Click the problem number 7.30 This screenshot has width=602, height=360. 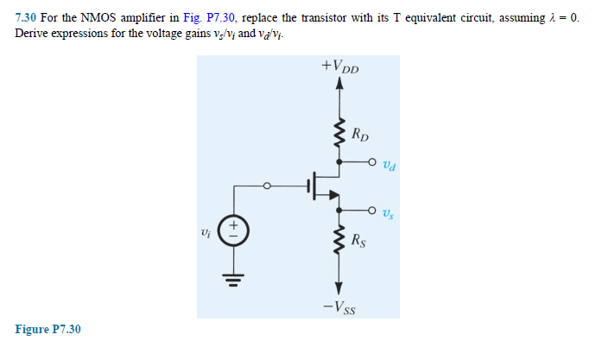click(28, 17)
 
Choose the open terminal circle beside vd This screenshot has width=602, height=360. click(372, 161)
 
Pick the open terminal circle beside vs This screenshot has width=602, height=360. click(372, 209)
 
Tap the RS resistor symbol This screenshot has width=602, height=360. click(339, 243)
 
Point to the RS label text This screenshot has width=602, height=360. click(362, 241)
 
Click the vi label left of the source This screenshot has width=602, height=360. click(204, 231)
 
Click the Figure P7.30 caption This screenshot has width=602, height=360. click(48, 329)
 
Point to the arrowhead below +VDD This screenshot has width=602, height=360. click(339, 84)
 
